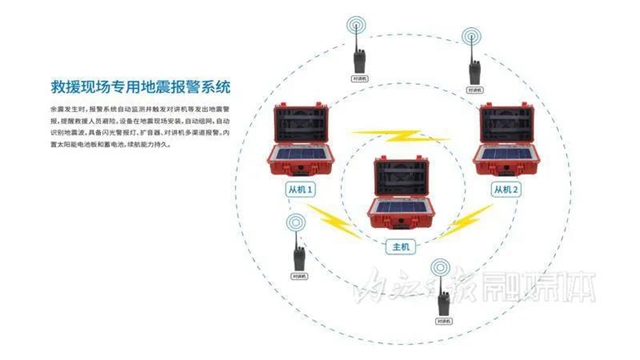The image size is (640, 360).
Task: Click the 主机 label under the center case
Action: pyautogui.click(x=398, y=243)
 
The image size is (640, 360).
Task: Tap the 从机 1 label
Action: pyautogui.click(x=300, y=188)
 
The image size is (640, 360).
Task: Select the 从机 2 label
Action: pyautogui.click(x=507, y=188)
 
